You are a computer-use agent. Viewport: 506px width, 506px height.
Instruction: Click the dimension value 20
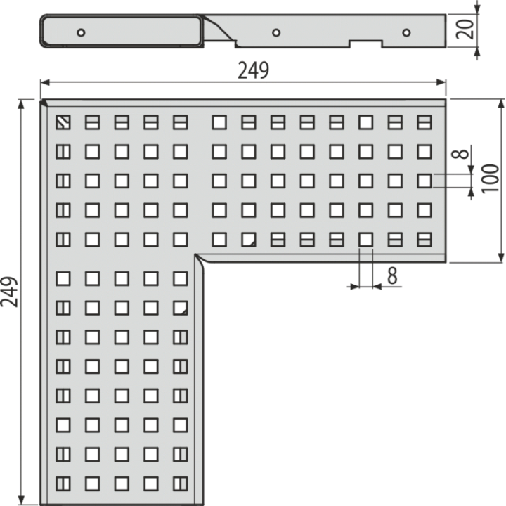465,29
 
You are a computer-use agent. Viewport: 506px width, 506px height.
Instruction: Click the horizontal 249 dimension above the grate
253,70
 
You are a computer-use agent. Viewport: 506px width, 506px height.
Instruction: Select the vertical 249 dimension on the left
9,292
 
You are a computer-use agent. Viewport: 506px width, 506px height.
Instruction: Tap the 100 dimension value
491,179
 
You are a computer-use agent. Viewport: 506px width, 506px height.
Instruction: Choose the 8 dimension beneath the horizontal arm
392,276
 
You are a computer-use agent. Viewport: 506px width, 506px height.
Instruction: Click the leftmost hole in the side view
81,32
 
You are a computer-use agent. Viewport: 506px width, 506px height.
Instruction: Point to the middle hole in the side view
276,32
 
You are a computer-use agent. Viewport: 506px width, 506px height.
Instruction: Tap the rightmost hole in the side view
406,32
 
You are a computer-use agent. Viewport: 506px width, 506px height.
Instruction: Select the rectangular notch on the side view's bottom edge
366,44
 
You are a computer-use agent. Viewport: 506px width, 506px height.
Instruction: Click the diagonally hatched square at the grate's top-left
63,122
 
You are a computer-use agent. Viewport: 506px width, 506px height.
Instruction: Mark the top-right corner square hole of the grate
424,122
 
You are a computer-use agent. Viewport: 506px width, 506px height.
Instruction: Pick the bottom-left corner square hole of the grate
63,484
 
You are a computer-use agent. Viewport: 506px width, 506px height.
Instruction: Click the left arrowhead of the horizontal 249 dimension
45,83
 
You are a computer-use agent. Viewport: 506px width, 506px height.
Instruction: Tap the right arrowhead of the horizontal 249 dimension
441,83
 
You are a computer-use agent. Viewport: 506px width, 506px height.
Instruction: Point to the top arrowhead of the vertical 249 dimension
21,105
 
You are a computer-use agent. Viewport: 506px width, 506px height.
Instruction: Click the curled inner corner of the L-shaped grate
199,259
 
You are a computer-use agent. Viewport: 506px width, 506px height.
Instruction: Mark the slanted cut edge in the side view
219,27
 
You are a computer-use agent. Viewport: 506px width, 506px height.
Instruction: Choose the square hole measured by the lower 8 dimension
365,240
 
